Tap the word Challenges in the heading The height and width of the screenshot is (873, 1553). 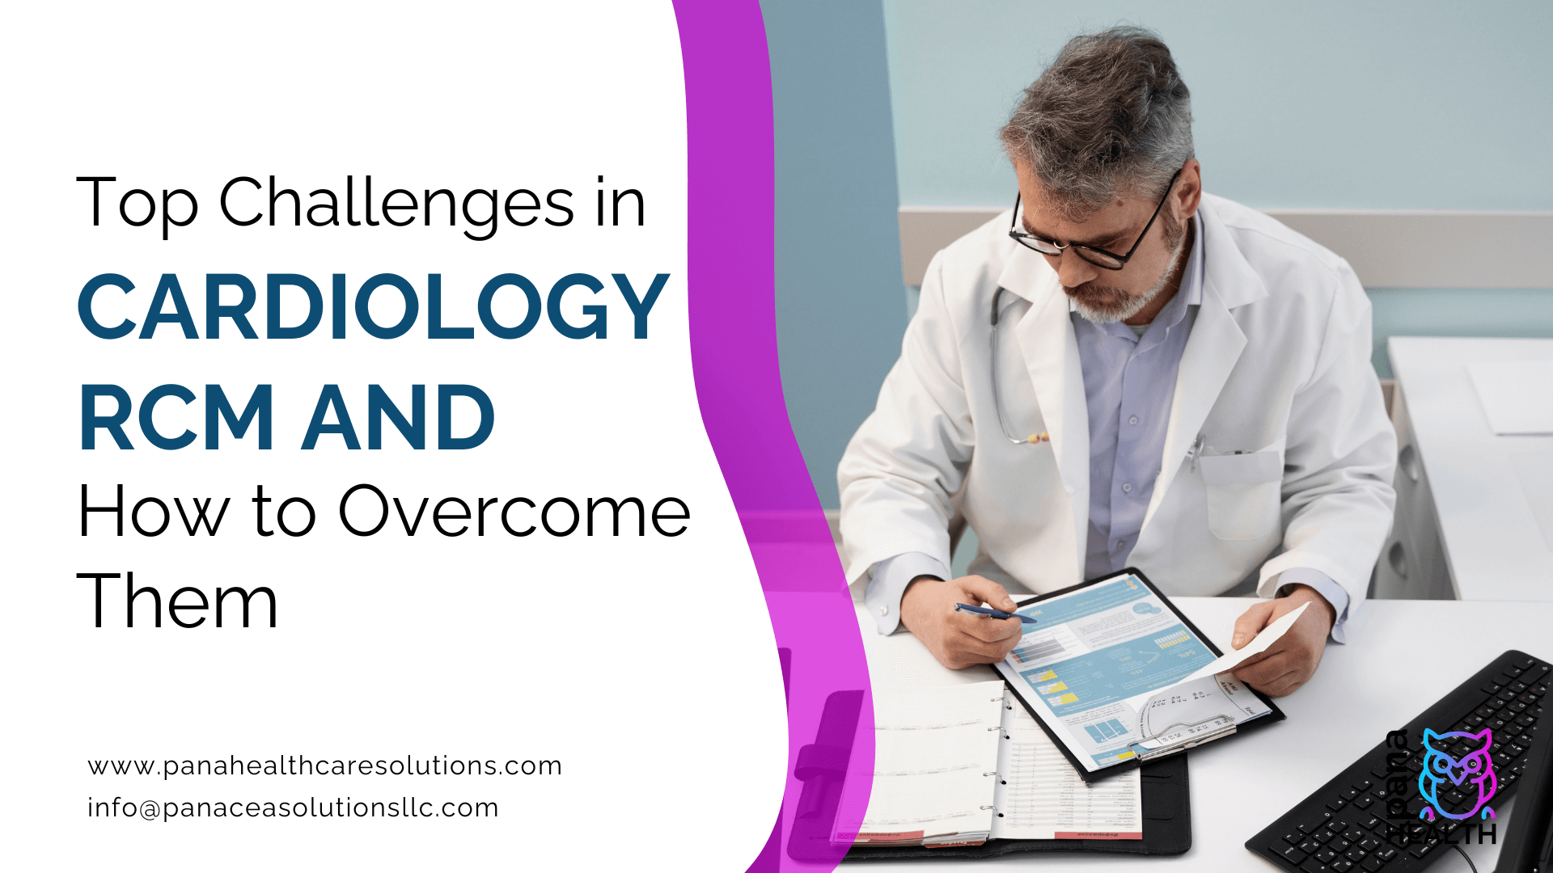pos(397,203)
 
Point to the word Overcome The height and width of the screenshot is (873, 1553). pos(514,512)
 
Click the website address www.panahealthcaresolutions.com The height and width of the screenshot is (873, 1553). pos(324,765)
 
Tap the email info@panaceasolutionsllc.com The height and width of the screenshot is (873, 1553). pos(293,808)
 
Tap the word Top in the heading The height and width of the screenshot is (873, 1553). pos(137,203)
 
